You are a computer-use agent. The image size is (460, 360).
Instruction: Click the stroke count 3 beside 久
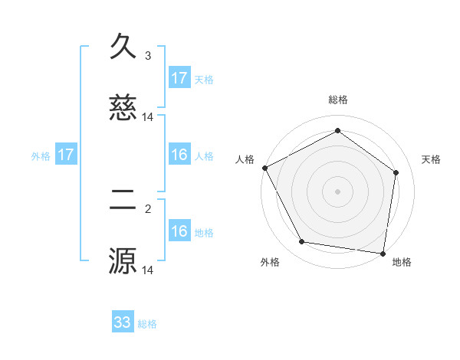coord(148,55)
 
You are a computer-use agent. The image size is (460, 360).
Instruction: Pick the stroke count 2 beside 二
coord(148,208)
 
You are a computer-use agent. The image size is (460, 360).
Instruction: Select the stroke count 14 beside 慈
coord(148,117)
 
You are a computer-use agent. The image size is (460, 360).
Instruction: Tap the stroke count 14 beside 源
coord(148,270)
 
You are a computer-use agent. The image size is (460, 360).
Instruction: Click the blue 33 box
coord(123,322)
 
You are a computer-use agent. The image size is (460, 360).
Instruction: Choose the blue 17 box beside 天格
coord(179,78)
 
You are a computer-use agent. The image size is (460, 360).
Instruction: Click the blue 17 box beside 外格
coord(66,155)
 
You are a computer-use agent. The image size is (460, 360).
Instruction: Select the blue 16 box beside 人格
coord(179,155)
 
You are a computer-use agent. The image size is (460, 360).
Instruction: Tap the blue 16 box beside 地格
coord(179,231)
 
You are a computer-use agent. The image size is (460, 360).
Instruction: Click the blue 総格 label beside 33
coord(148,324)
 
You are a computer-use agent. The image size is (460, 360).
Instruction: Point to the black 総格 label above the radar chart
coord(338,100)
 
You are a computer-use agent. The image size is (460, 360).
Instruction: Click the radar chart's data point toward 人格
coord(265,168)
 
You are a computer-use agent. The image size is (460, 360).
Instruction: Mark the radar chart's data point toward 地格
coord(383,253)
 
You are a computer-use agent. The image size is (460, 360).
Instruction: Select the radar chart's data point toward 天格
coord(396,172)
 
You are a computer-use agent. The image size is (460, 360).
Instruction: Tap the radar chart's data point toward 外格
coord(302,242)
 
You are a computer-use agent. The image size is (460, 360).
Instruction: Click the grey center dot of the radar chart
coord(338,191)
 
